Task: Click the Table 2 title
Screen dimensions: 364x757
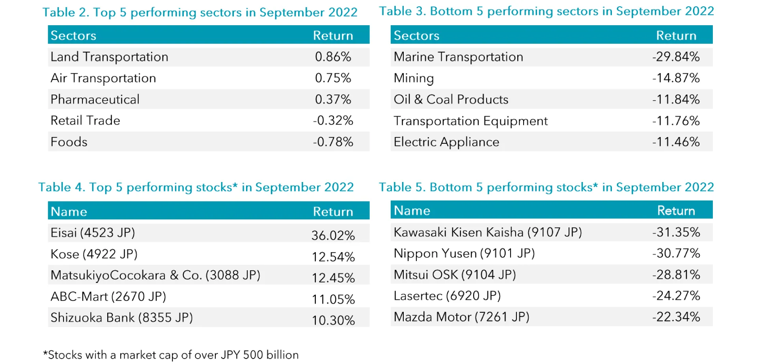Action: tap(200, 12)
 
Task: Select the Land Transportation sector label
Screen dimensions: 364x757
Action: tap(109, 57)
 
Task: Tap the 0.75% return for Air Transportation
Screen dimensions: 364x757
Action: tap(333, 78)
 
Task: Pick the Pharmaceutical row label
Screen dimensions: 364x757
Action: tap(95, 99)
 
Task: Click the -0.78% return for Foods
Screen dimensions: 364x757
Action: tap(333, 142)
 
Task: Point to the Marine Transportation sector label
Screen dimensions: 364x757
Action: tap(458, 57)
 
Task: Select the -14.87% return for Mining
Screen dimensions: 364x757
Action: tap(676, 78)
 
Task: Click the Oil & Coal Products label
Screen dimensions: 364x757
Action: tap(451, 99)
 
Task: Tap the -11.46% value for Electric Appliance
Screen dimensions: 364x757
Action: tap(676, 142)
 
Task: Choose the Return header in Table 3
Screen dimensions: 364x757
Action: tap(676, 35)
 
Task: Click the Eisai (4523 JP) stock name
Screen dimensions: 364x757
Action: tap(93, 232)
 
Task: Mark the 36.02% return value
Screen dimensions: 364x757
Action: tap(333, 235)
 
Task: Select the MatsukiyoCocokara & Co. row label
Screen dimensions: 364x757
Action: tap(155, 275)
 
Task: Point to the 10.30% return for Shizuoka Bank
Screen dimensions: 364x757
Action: tap(333, 320)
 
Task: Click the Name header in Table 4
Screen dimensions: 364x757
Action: tap(69, 212)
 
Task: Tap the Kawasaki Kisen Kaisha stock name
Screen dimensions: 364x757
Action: tap(488, 232)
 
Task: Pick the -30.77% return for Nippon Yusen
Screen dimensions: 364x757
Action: tap(676, 253)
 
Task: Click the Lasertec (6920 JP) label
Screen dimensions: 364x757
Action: tap(447, 295)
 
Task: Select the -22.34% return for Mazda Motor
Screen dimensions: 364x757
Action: tap(676, 317)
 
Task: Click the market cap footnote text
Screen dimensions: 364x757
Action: tap(171, 355)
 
